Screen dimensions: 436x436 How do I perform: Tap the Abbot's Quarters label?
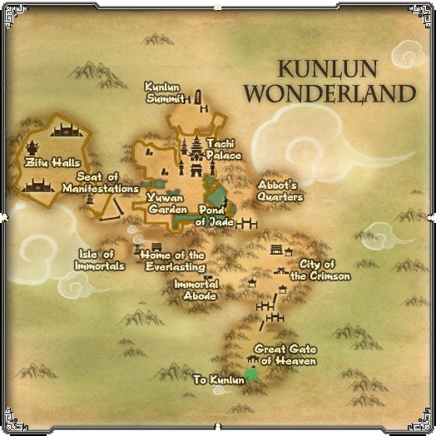pyautogui.click(x=279, y=191)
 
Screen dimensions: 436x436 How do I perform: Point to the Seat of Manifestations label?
pyautogui.click(x=100, y=182)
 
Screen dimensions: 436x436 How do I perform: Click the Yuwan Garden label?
pyautogui.click(x=166, y=203)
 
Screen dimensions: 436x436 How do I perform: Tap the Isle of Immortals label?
pyautogui.click(x=101, y=260)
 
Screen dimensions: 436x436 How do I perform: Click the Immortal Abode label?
pyautogui.click(x=196, y=290)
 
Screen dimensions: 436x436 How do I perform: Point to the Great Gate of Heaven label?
pyautogui.click(x=285, y=354)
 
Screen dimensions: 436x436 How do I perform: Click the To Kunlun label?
pyautogui.click(x=219, y=379)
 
